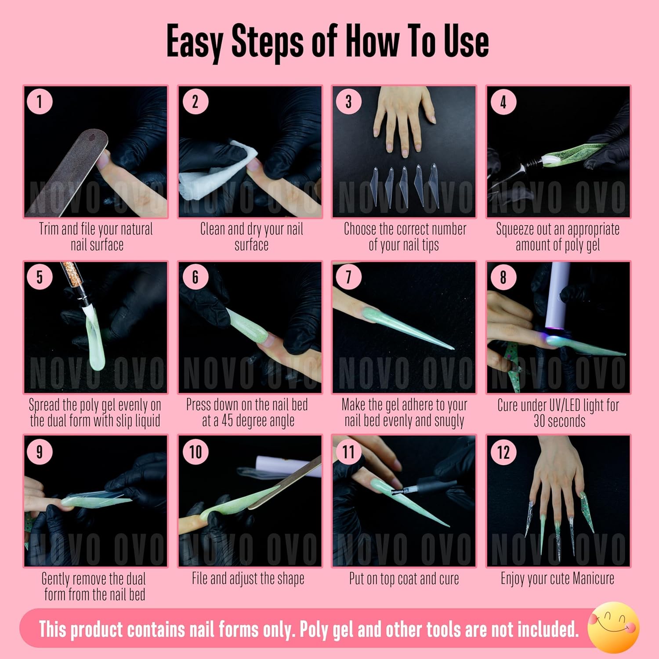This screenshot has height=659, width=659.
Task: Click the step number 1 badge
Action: pyautogui.click(x=40, y=102)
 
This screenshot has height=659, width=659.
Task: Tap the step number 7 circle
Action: pyautogui.click(x=348, y=277)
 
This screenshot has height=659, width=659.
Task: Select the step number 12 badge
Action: pyautogui.click(x=503, y=452)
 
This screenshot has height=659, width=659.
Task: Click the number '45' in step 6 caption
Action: pyautogui.click(x=228, y=421)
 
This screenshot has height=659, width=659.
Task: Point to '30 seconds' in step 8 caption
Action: pyautogui.click(x=559, y=421)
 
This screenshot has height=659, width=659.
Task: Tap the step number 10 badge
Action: pyautogui.click(x=196, y=452)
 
